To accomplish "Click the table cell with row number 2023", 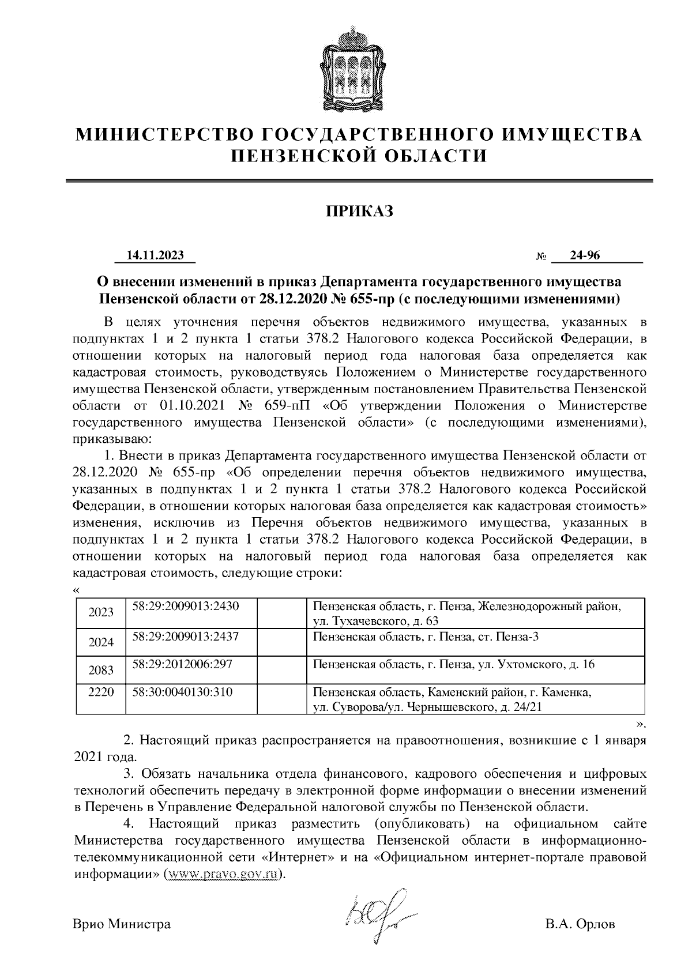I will [x=101, y=612].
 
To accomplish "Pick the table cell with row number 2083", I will [x=101, y=670].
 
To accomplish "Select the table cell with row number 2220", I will [x=101, y=692].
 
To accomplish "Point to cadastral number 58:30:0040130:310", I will [x=182, y=691].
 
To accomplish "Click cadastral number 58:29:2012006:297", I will [x=182, y=664].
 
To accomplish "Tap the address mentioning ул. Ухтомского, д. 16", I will [x=453, y=665].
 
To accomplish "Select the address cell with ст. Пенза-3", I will [x=426, y=637].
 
